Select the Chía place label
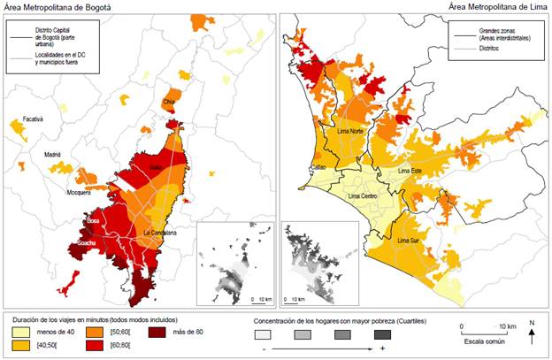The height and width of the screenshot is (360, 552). point(170,102)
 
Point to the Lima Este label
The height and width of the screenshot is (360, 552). point(410,170)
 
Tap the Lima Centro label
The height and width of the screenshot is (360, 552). point(365,195)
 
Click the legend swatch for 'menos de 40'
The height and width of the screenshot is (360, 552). point(22,331)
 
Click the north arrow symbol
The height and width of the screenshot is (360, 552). point(532,334)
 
